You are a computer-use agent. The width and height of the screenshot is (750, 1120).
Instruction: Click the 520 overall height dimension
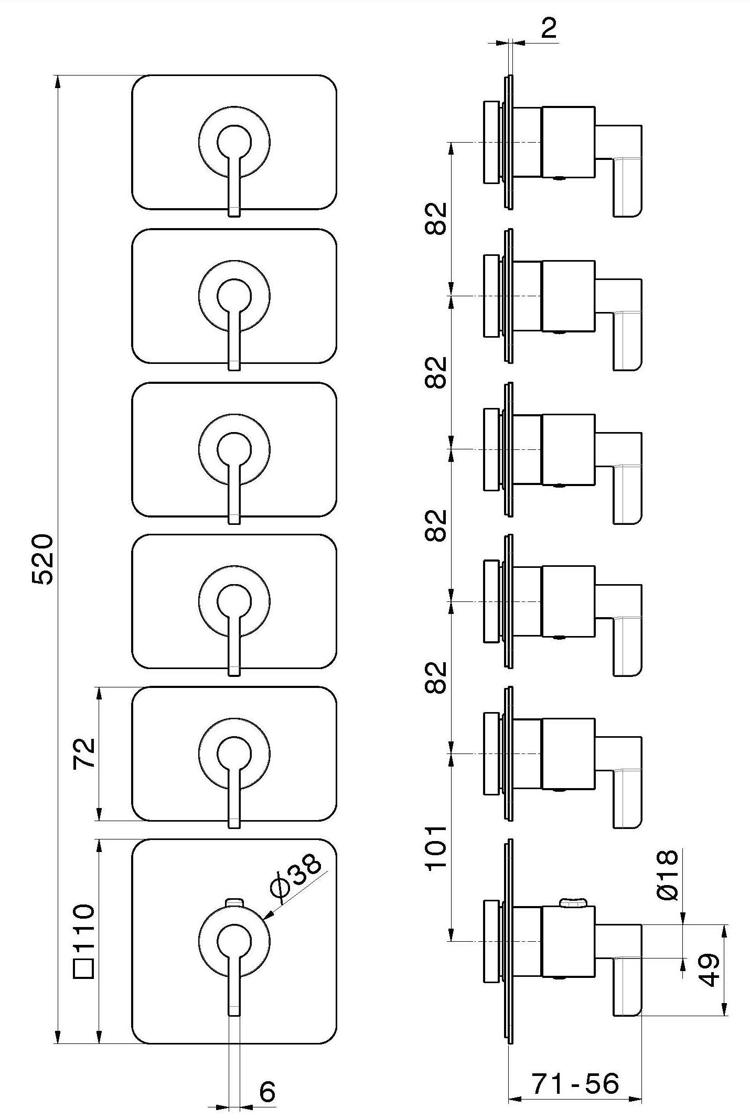(42, 559)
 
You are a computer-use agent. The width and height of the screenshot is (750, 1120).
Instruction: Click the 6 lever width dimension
(267, 1092)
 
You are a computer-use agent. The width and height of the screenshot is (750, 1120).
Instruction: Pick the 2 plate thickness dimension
(548, 28)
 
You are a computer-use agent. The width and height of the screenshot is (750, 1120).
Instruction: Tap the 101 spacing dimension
(436, 848)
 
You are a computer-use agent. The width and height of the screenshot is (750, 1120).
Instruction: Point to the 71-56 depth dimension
(575, 1083)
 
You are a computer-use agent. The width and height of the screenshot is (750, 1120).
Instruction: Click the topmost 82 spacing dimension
(436, 218)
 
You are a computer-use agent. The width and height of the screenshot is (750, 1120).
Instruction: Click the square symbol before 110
(84, 969)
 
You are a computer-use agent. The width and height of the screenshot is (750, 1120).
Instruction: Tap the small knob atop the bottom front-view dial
(235, 901)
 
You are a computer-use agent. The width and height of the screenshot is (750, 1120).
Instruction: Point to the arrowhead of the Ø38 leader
(266, 918)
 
